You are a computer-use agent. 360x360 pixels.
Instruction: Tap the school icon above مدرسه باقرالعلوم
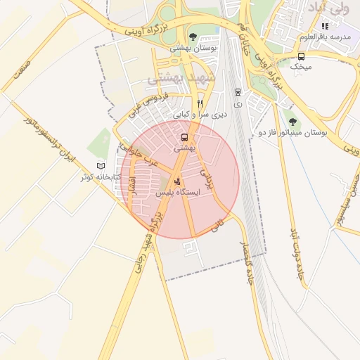click(325, 26)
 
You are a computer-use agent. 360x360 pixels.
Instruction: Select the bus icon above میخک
click(302, 56)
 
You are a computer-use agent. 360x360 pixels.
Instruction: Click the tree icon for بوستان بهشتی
click(193, 37)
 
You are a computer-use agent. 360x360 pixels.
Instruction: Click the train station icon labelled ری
click(237, 92)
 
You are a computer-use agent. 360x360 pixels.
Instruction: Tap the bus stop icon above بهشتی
click(184, 137)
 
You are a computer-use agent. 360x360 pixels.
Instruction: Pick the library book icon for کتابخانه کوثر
click(101, 165)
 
